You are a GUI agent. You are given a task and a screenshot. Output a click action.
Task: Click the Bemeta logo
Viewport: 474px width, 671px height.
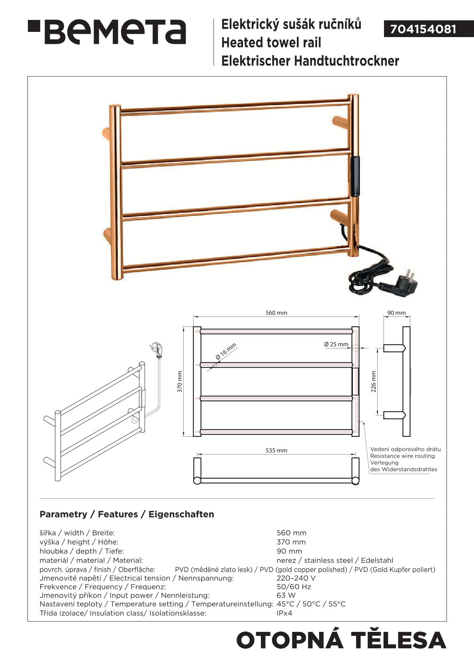tap(107, 32)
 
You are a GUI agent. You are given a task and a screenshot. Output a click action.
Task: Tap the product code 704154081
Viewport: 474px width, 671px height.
tap(423, 29)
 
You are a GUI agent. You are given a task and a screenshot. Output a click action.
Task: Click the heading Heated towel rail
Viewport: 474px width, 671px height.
tap(271, 43)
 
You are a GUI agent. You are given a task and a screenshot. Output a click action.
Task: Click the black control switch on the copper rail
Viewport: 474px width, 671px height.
tap(355, 176)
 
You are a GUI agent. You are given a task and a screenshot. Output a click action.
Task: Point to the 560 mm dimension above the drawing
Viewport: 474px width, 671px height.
tap(276, 313)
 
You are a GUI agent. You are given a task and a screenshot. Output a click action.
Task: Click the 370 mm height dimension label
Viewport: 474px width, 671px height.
tap(180, 381)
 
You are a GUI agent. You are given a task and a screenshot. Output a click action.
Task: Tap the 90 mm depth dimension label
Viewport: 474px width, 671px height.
tap(396, 313)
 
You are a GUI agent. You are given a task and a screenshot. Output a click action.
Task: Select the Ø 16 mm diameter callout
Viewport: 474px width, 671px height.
tap(226, 351)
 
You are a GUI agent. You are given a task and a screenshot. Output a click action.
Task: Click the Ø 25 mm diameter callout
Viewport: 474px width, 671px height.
tap(336, 344)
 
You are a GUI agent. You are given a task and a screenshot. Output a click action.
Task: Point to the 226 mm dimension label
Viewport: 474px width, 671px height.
tap(374, 381)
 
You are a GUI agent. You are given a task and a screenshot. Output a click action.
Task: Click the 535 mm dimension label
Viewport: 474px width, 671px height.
tap(276, 450)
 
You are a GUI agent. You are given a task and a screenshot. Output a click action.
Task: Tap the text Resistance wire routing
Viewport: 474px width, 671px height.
tap(402, 456)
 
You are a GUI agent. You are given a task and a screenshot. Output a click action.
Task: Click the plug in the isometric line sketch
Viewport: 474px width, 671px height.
tap(157, 350)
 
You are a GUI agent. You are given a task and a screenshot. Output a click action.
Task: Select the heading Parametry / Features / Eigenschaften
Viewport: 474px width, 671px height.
tap(127, 514)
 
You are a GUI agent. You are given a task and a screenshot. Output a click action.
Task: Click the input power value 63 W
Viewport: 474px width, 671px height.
tap(286, 595)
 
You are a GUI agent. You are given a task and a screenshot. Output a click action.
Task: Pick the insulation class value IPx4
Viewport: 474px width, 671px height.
tap(284, 613)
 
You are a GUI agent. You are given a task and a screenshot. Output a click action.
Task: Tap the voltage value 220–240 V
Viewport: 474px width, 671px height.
tap(296, 578)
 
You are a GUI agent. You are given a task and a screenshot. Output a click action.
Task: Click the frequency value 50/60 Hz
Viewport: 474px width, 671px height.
tap(294, 586)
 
